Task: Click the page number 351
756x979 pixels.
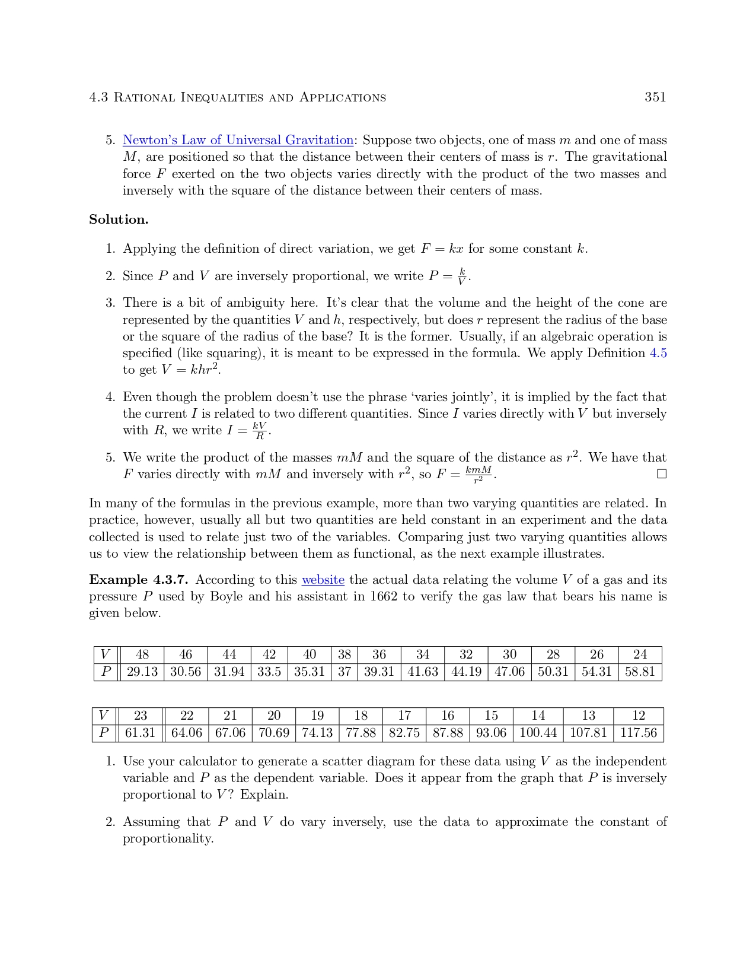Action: pyautogui.click(x=655, y=97)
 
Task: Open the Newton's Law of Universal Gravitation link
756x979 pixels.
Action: pyautogui.click(x=238, y=141)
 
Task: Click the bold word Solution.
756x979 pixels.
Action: pyautogui.click(x=119, y=220)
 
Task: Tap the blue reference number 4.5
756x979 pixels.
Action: pyautogui.click(x=658, y=353)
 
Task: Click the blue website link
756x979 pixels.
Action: pyautogui.click(x=323, y=580)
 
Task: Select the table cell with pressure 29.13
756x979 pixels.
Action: pyautogui.click(x=142, y=672)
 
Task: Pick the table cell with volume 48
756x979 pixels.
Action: pyautogui.click(x=142, y=654)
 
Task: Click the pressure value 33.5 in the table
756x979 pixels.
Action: pyautogui.click(x=269, y=672)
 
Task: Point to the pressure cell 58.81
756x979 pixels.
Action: pyautogui.click(x=640, y=672)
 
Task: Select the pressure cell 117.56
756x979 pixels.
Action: pyautogui.click(x=639, y=733)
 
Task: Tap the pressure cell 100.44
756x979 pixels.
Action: pyautogui.click(x=538, y=733)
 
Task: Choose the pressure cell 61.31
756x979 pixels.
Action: pyautogui.click(x=140, y=733)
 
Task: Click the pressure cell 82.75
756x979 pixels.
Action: pyautogui.click(x=404, y=733)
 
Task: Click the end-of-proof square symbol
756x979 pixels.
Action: pyautogui.click(x=662, y=474)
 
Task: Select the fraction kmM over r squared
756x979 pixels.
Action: pyautogui.click(x=479, y=474)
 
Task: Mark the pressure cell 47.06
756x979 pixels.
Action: pyautogui.click(x=509, y=672)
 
